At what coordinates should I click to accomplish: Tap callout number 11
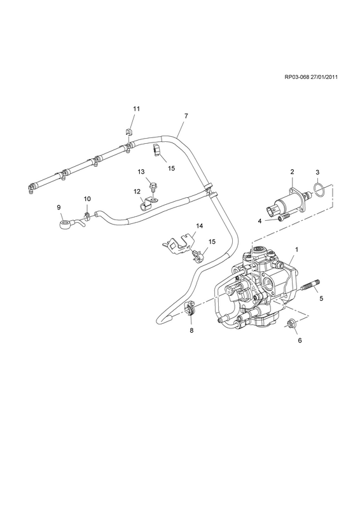136,109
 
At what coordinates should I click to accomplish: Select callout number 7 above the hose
186,116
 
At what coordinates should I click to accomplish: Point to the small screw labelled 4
282,218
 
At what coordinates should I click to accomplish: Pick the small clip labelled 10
87,215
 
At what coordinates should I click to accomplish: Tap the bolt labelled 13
152,186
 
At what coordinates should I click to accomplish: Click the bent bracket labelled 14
178,242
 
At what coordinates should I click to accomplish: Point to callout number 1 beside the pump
296,249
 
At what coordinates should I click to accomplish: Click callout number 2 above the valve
292,172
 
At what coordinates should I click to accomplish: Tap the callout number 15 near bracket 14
212,242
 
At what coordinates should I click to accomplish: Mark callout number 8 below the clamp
191,330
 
